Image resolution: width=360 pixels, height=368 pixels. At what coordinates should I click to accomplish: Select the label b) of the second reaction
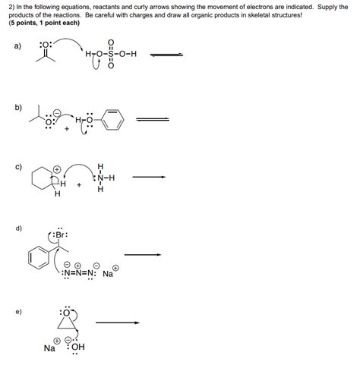(17, 107)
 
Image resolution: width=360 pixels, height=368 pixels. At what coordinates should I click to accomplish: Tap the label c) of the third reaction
(17, 166)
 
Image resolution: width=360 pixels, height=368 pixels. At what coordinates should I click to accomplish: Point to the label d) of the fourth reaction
(17, 227)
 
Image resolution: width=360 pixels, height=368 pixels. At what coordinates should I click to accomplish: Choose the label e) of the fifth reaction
(17, 310)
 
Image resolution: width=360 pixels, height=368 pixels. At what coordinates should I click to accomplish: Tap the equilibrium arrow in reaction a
(168, 53)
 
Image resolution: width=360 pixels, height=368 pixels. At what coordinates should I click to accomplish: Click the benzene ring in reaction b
(111, 121)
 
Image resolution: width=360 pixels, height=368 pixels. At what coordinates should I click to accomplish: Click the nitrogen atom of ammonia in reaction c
(99, 179)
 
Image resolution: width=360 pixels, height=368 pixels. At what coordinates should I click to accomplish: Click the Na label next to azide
(108, 275)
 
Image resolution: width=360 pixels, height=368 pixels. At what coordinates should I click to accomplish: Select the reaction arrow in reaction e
(118, 322)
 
